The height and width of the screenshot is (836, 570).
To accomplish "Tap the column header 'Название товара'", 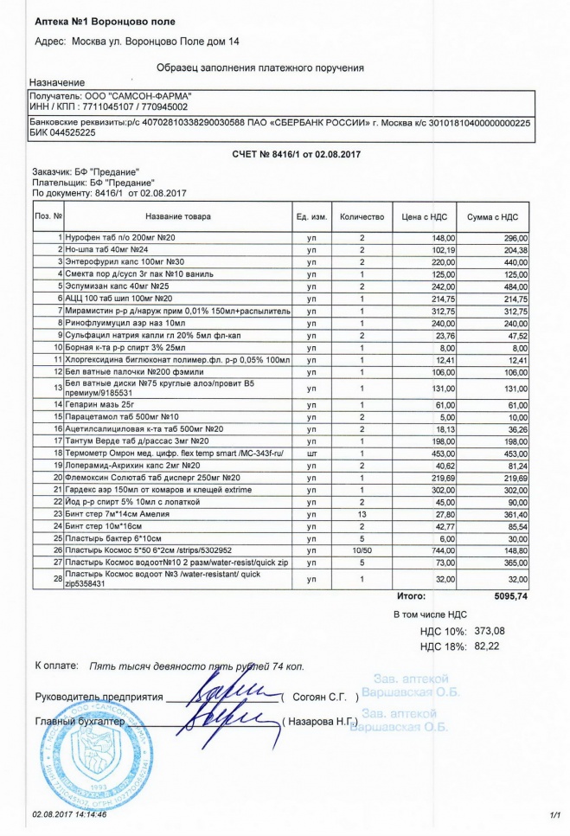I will (177, 216).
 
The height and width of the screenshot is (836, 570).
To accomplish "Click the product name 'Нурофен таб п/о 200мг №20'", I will (121, 237).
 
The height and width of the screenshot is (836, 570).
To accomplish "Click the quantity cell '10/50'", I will (362, 549).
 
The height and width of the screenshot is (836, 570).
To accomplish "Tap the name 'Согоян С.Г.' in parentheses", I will (320, 697).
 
